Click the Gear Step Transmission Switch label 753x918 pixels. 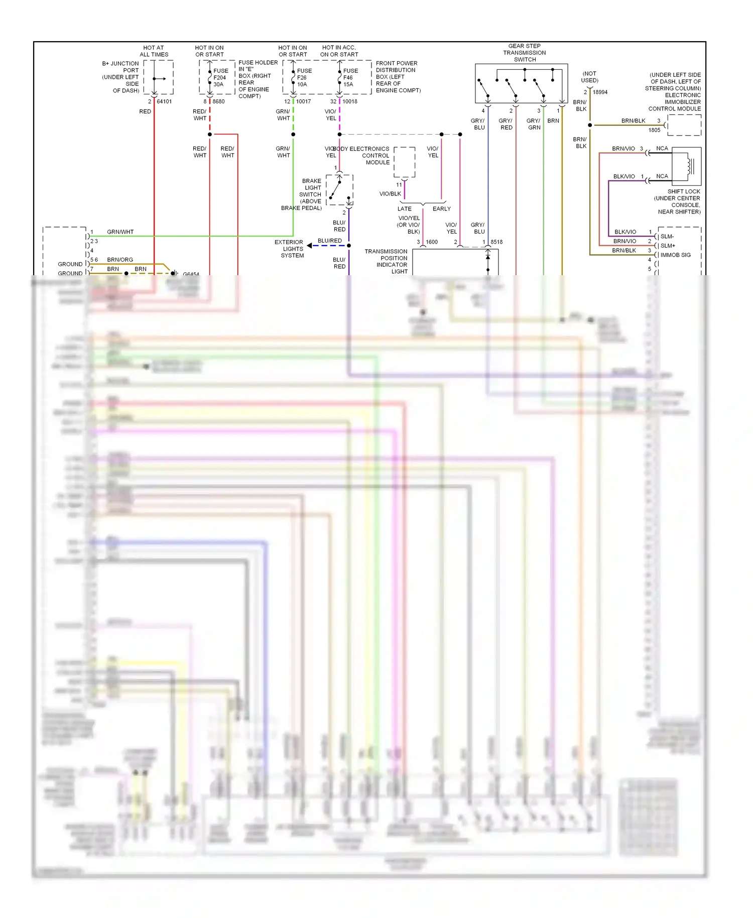click(525, 53)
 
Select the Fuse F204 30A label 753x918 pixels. click(220, 77)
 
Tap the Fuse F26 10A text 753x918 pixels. click(304, 77)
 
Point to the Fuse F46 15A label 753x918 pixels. click(350, 77)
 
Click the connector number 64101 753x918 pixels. click(164, 101)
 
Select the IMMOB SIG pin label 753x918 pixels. click(675, 255)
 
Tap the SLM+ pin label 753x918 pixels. click(668, 246)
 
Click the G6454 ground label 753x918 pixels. click(191, 274)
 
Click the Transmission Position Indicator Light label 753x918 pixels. click(386, 261)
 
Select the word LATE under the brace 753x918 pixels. click(405, 209)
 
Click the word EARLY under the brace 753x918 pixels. click(441, 209)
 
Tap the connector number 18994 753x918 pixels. click(600, 92)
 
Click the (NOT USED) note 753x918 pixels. click(589, 77)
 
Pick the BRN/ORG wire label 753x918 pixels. click(120, 260)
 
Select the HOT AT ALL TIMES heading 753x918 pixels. click(154, 51)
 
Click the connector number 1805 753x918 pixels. click(654, 130)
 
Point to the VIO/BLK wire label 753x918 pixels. click(390, 194)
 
